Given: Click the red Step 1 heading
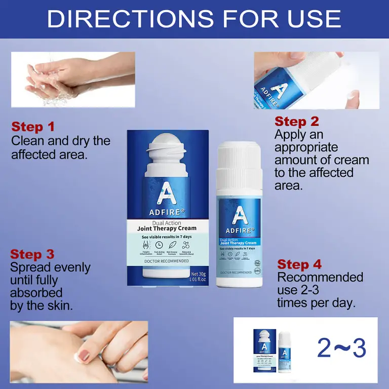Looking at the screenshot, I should (33, 127).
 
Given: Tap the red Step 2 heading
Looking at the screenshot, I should (297, 122).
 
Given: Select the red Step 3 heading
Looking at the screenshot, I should (32, 254).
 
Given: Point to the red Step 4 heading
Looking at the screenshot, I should (299, 264).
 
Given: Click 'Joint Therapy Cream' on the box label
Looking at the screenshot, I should (167, 228).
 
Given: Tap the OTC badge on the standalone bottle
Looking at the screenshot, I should (257, 271).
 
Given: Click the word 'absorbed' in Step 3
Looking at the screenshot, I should (36, 293).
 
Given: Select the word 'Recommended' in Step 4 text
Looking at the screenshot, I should (320, 278).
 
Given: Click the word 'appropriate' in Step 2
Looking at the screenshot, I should (306, 147).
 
